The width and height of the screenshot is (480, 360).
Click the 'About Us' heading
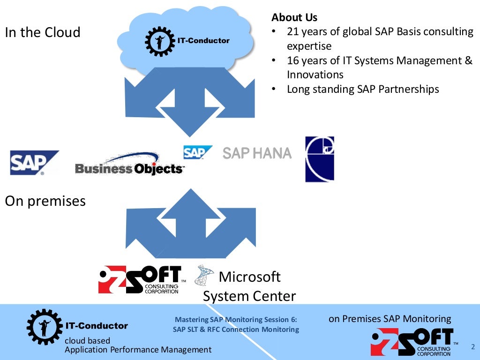click(294, 18)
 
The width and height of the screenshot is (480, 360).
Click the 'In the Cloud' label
click(43, 32)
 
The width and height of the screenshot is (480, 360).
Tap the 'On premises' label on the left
click(45, 201)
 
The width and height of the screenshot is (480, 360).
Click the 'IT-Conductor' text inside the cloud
click(203, 41)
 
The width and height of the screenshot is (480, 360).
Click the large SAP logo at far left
click(34, 163)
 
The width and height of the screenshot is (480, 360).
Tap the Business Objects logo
click(129, 165)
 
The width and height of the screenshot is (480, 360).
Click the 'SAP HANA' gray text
click(257, 153)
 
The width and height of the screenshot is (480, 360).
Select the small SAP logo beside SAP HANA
click(197, 152)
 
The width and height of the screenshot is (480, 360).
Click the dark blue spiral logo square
click(320, 159)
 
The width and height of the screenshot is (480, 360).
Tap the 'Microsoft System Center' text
click(249, 286)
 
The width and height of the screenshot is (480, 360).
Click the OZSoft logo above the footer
click(140, 280)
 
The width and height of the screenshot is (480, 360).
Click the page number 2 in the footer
click(472, 347)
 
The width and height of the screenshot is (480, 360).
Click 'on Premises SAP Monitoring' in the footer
click(390, 319)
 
